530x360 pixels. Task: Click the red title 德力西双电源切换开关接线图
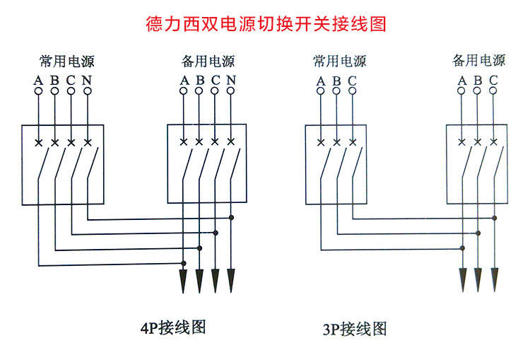pyautogui.click(x=266, y=25)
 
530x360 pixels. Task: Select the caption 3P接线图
pyautogui.click(x=355, y=329)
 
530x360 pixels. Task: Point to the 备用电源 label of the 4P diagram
pyautogui.click(x=208, y=61)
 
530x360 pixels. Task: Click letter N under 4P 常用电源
pyautogui.click(x=86, y=79)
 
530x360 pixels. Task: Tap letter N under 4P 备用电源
pyautogui.click(x=231, y=80)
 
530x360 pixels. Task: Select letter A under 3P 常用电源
pyautogui.click(x=321, y=81)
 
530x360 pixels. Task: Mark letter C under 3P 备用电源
pyautogui.click(x=493, y=79)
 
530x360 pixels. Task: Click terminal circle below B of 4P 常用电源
pyautogui.click(x=54, y=92)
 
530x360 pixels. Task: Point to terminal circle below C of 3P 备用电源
pyautogui.click(x=493, y=92)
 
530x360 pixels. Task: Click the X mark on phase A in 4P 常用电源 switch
pyautogui.click(x=39, y=143)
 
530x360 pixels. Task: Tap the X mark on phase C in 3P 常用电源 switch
pyautogui.click(x=353, y=143)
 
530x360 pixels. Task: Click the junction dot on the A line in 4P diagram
pyautogui.click(x=184, y=264)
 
